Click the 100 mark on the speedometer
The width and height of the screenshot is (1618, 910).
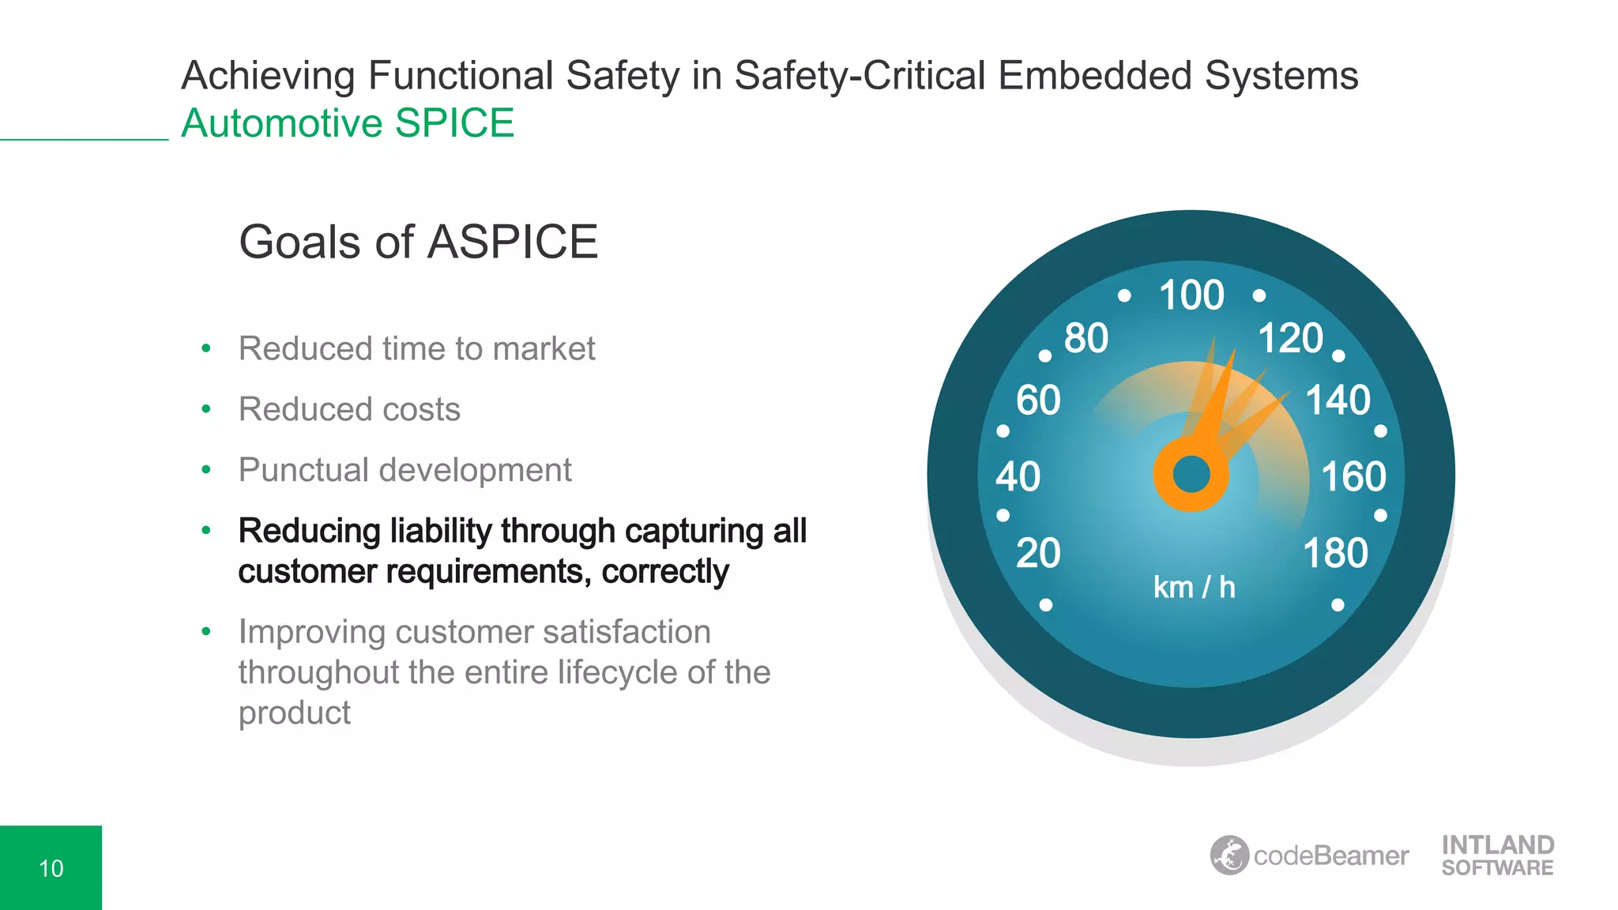tap(1191, 295)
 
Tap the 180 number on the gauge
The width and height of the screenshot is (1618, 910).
tap(1335, 553)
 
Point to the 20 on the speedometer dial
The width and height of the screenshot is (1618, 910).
tap(1038, 553)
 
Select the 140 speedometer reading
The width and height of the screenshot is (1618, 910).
tap(1338, 400)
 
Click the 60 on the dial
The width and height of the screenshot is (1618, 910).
tap(1038, 400)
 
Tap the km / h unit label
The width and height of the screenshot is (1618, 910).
tap(1194, 588)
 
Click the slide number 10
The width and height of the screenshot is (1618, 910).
tap(51, 868)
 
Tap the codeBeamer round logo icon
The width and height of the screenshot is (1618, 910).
tap(1229, 855)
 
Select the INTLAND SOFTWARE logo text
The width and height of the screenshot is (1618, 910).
tap(1497, 855)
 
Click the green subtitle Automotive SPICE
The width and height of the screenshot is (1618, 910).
tap(348, 123)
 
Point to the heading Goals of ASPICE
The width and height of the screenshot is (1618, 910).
tap(418, 242)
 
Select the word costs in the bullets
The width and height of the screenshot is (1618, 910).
tap(421, 409)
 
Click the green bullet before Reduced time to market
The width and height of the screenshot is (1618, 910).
tap(206, 348)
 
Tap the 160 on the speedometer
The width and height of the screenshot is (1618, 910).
tap(1353, 476)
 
